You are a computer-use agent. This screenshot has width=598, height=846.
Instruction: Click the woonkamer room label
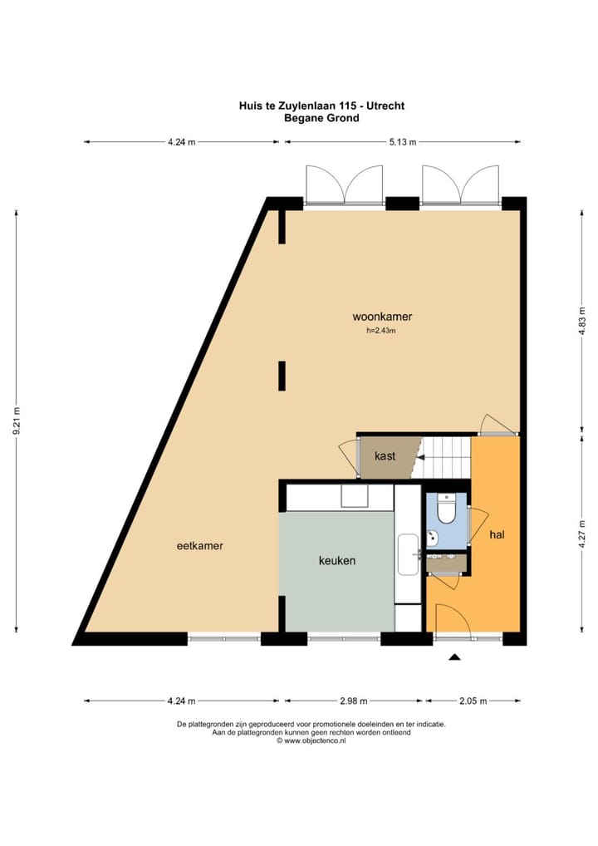click(x=382, y=317)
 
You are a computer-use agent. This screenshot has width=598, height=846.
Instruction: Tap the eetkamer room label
click(x=200, y=546)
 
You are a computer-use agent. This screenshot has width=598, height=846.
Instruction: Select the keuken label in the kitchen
click(x=337, y=561)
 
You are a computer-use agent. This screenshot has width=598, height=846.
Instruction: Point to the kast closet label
click(x=385, y=456)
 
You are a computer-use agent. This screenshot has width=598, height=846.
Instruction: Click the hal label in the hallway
click(x=497, y=535)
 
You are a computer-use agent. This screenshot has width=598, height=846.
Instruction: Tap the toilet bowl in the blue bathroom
click(x=446, y=509)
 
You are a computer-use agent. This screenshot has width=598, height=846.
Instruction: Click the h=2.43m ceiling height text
click(x=381, y=331)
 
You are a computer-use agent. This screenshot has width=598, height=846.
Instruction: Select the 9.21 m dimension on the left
click(x=17, y=424)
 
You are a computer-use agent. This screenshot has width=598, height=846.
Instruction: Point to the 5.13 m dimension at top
click(x=404, y=142)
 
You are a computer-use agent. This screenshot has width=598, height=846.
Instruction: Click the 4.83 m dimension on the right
click(x=581, y=321)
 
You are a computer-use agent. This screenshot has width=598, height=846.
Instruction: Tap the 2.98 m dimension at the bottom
click(x=355, y=701)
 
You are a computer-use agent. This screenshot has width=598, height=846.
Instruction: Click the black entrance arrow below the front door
click(x=454, y=658)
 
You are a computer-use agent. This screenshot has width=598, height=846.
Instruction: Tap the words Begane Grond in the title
click(x=321, y=118)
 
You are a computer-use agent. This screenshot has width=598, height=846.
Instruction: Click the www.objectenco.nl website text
click(x=311, y=740)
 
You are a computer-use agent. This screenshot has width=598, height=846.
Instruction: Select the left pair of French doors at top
click(x=344, y=184)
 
